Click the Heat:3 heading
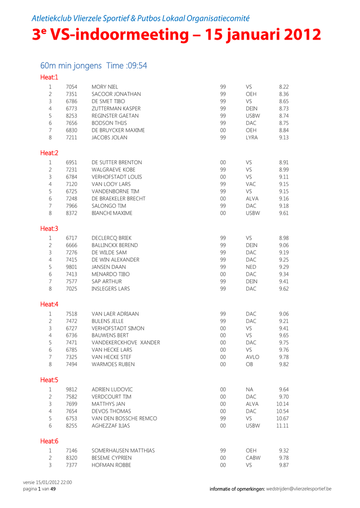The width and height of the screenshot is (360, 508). click(49, 229)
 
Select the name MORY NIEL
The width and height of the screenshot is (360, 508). click(105, 87)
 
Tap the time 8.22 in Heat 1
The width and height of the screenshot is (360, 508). click(284, 87)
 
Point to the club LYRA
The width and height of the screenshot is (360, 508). click(252, 137)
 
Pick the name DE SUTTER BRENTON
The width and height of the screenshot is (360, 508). click(117, 163)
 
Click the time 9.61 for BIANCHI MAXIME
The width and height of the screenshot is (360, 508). click(284, 213)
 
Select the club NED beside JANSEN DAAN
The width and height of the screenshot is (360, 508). click(251, 267)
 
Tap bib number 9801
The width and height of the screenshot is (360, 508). click(71, 267)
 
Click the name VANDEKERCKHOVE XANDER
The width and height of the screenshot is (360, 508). click(126, 342)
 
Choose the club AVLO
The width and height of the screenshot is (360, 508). click(252, 357)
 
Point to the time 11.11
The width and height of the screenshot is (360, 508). click(283, 426)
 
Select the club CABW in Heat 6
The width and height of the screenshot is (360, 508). click(253, 458)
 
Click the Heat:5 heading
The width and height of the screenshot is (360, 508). click(49, 380)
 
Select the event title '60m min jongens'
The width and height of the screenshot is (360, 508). click(71, 65)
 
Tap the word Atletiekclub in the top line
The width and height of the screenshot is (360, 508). click(51, 18)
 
